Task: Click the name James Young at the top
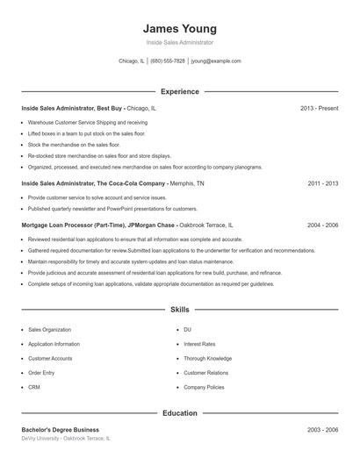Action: click(179, 28)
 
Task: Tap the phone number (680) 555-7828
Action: click(168, 61)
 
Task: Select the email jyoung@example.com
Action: click(216, 61)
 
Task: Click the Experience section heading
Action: click(179, 91)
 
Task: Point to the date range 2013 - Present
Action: click(319, 108)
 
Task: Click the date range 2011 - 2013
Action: click(323, 184)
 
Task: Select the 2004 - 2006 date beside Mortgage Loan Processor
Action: click(323, 225)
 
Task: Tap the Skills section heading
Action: click(179, 310)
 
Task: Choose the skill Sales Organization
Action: click(49, 330)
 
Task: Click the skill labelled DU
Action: click(187, 330)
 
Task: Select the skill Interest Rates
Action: click(199, 344)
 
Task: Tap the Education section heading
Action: click(179, 412)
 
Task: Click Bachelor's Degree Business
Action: click(60, 429)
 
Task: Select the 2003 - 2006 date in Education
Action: click(323, 429)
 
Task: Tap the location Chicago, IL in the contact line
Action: click(131, 61)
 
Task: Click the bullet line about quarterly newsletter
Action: click(112, 209)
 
